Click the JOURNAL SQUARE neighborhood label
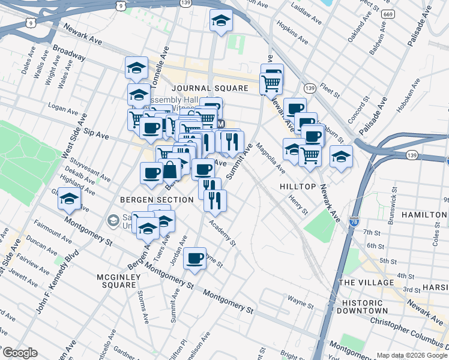208,88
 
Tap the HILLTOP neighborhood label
298,187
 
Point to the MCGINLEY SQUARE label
116,281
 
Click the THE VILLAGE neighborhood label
365,282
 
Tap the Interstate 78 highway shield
354,221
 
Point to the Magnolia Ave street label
271,157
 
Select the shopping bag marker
170,170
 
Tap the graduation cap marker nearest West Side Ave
70,199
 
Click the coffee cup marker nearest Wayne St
194,258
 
